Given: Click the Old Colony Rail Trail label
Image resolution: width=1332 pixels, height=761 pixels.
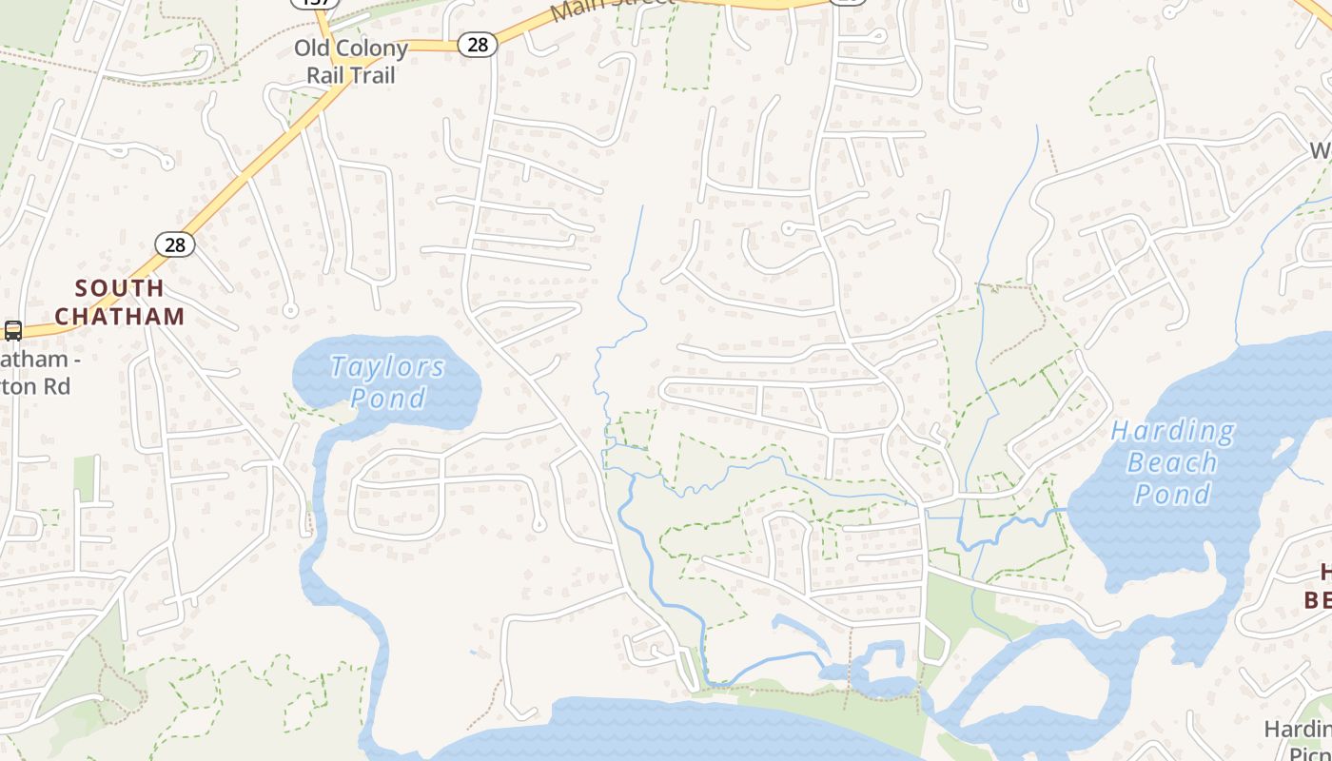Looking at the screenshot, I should coord(351,61).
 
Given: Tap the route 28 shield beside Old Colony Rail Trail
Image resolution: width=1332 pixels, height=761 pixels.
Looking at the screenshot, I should coord(477,44).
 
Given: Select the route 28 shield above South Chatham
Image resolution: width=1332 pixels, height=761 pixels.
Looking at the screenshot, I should coord(175,244).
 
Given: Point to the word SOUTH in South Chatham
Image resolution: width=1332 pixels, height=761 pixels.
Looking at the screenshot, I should coord(119,288).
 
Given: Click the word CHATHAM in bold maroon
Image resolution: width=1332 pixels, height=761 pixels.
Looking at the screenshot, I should coord(119,316).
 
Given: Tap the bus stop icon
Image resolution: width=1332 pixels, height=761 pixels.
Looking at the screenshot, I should coord(13,331).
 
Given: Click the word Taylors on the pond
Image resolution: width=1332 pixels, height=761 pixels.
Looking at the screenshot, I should coord(387,367).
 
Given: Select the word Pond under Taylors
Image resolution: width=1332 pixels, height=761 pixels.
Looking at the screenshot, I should coord(387,398).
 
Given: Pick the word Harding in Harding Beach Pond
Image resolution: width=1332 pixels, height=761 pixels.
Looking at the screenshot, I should coord(1172,432).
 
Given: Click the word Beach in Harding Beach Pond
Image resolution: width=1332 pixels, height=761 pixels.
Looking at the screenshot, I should coord(1172,463).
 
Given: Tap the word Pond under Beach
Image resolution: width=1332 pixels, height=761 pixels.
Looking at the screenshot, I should coord(1172,494).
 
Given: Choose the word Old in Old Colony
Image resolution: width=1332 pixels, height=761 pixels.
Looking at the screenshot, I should coord(311,48).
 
